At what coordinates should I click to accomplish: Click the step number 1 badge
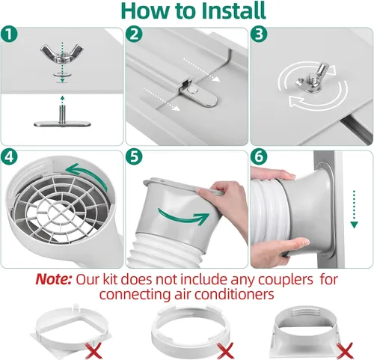[x=9, y=34]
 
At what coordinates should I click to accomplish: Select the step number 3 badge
[x=257, y=34]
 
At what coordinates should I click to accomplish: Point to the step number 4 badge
[x=9, y=158]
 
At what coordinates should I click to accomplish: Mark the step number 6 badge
[x=257, y=158]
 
